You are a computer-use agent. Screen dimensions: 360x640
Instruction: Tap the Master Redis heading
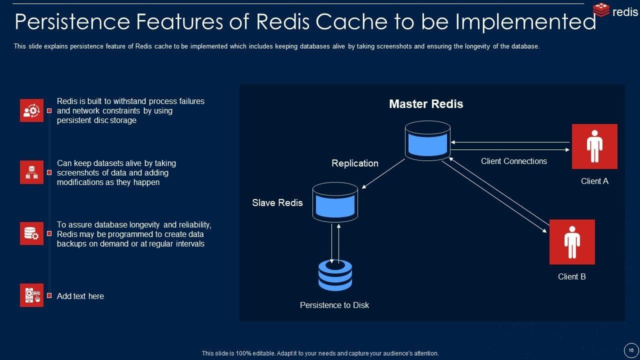tap(426, 104)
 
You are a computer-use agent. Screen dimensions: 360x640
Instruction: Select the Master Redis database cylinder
tap(427, 140)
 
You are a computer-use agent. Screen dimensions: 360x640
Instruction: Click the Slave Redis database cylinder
tap(335, 202)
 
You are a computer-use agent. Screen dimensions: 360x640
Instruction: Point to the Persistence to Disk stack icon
tap(335, 275)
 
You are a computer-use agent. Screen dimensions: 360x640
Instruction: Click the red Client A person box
tap(594, 146)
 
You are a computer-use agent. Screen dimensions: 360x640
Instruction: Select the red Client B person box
tap(572, 242)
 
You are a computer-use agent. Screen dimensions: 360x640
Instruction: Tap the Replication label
tap(355, 163)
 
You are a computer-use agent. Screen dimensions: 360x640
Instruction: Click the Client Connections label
tap(513, 161)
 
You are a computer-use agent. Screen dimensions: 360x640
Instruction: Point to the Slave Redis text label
tap(277, 202)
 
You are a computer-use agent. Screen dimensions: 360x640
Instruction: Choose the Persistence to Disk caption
tap(334, 305)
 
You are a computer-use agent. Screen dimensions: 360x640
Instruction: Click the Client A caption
tap(594, 181)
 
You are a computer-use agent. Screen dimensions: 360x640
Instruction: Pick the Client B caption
tap(572, 276)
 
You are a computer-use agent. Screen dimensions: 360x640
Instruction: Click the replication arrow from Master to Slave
tap(383, 174)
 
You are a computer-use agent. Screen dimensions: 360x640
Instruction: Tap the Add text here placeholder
tap(80, 296)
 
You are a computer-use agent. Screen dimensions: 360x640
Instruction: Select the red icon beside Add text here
tap(31, 295)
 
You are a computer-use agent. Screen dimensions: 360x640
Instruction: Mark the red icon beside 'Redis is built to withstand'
tap(31, 110)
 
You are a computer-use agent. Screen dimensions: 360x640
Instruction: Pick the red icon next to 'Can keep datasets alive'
tap(31, 172)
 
